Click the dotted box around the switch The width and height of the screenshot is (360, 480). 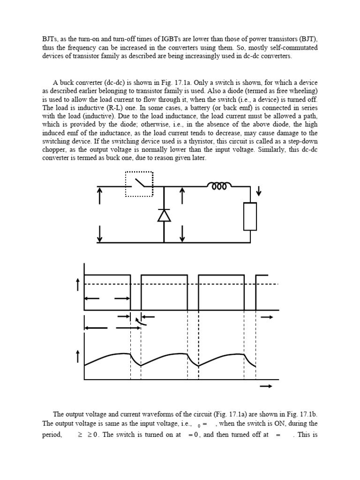[x=139, y=172]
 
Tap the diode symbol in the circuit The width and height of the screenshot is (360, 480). [x=164, y=215]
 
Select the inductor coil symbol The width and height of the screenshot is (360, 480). [x=219, y=187]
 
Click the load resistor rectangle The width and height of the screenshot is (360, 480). [x=250, y=217]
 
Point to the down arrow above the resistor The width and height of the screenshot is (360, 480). [x=259, y=192]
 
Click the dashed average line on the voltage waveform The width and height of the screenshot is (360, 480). [x=187, y=284]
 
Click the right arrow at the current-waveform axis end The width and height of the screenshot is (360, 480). [x=266, y=386]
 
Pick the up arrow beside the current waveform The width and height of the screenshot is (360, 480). [x=78, y=358]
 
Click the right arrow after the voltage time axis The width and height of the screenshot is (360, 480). [x=267, y=317]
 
